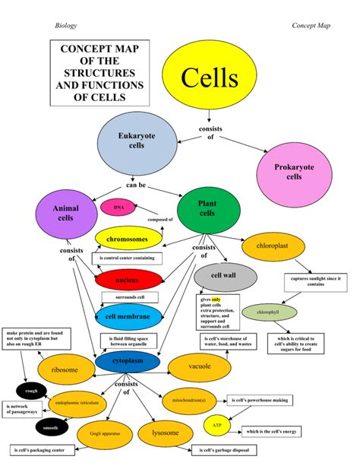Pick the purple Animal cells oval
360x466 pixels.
point(65,214)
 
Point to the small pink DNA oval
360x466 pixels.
point(118,207)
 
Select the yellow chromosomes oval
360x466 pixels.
point(128,239)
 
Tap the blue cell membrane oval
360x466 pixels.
point(128,316)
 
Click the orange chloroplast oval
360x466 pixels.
point(275,247)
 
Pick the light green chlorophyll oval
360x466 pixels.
point(267,312)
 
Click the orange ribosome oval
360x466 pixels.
point(64,370)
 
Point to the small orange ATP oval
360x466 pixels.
point(216,426)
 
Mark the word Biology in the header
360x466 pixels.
point(67,26)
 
